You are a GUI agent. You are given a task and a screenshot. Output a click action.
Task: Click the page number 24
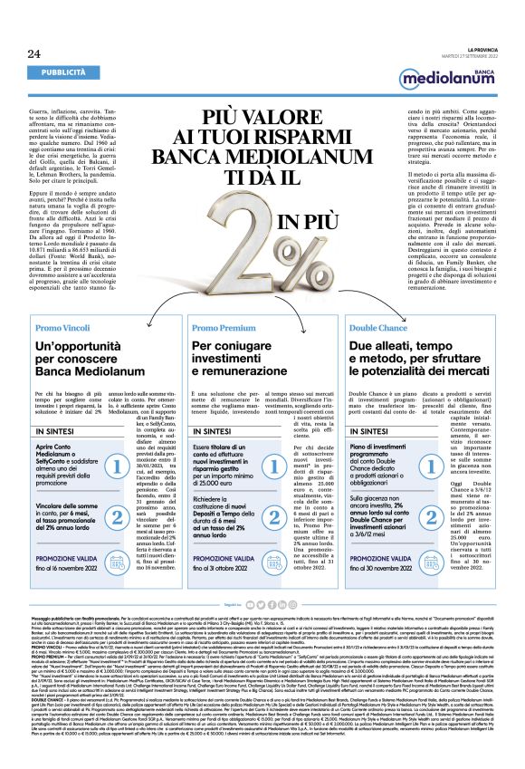[21, 55]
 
